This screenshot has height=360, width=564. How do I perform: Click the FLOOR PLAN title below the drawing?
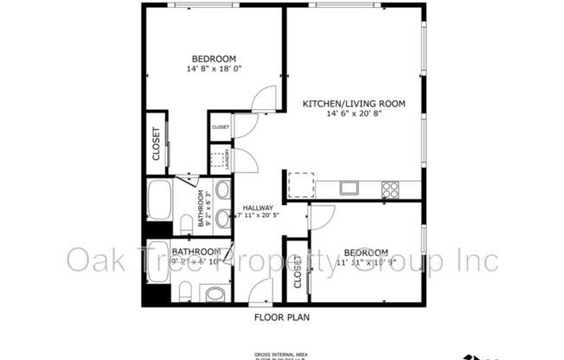tap(281, 318)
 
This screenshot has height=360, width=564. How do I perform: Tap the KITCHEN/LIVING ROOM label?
tap(353, 104)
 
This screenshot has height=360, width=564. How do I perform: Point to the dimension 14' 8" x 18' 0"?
tap(215, 67)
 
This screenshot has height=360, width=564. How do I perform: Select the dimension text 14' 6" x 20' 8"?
tap(353, 114)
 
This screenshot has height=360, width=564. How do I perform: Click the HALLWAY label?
tap(258, 208)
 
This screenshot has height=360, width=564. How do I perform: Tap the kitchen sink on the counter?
tap(349, 187)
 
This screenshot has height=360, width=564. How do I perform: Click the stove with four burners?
tap(390, 188)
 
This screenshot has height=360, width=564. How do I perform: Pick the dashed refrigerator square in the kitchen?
tap(300, 184)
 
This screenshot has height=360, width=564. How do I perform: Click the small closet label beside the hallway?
tap(221, 127)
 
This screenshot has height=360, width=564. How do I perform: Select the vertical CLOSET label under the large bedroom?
tap(157, 144)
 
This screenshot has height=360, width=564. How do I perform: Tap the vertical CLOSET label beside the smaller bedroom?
tap(297, 272)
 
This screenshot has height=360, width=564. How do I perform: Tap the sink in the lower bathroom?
tap(215, 293)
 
